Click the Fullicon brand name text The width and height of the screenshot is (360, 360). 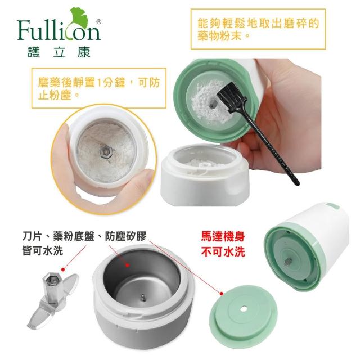pyautogui.click(x=58, y=30)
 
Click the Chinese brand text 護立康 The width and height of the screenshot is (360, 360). pyautogui.click(x=58, y=52)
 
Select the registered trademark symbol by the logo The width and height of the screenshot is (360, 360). pyautogui.click(x=99, y=21)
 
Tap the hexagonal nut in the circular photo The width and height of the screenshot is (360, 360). pyautogui.click(x=106, y=152)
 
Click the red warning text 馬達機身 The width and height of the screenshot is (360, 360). pyautogui.click(x=223, y=236)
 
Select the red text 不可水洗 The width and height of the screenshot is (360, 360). pyautogui.click(x=223, y=251)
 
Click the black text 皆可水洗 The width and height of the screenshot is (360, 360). pyautogui.click(x=43, y=250)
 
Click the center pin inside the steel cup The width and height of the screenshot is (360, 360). pyautogui.click(x=143, y=298)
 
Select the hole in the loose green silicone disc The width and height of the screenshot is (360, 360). pyautogui.click(x=243, y=310)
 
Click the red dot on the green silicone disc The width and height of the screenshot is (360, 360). pyautogui.click(x=221, y=294)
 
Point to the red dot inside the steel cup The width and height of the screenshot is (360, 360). pyautogui.click(x=128, y=265)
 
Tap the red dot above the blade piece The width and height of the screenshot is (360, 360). pyautogui.click(x=64, y=269)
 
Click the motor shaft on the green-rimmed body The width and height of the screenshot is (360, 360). pyautogui.click(x=287, y=262)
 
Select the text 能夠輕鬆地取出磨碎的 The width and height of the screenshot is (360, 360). pyautogui.click(x=258, y=23)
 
